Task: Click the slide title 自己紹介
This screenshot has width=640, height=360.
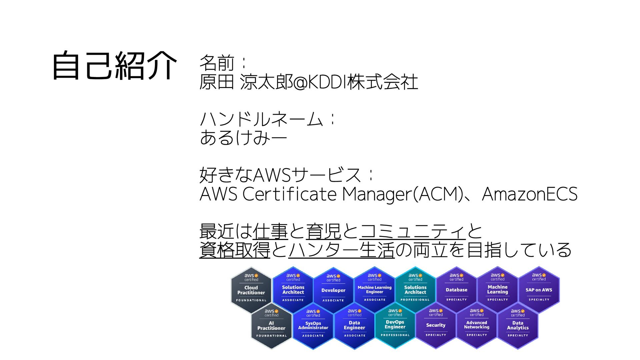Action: (114, 66)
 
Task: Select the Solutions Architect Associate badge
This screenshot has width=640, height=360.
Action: (293, 289)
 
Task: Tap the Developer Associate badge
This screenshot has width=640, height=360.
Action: (333, 290)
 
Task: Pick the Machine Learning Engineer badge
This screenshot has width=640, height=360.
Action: (374, 289)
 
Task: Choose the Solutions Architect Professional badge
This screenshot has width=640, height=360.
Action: (415, 289)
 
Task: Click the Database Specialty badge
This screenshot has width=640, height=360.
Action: (456, 289)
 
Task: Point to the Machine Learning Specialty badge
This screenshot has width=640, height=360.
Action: (497, 289)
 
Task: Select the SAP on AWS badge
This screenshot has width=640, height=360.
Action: (539, 289)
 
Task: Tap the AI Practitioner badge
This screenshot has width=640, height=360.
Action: (271, 325)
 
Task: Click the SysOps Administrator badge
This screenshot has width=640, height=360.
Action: (313, 325)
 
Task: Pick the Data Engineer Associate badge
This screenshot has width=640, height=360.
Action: (354, 325)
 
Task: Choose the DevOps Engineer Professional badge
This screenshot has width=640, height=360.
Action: (395, 325)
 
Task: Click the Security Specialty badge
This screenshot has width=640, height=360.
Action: (436, 325)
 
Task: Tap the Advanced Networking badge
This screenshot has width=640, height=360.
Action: (477, 325)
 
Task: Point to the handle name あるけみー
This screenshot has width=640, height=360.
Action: (243, 137)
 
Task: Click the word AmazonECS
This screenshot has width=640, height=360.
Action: (530, 194)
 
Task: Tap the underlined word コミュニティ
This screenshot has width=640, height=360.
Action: (413, 231)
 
